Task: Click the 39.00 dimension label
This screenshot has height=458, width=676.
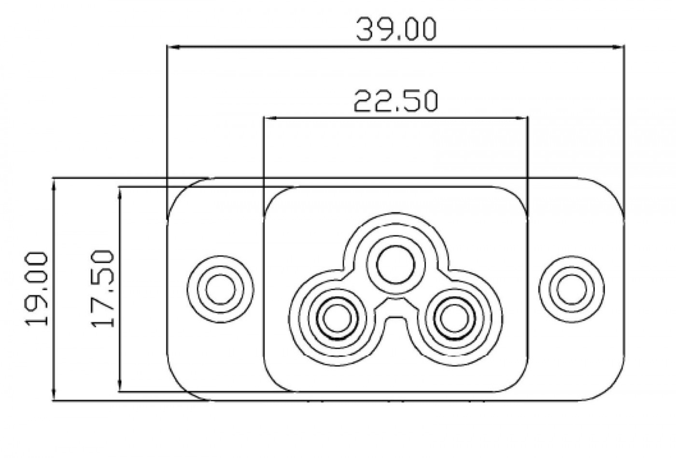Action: pyautogui.click(x=396, y=29)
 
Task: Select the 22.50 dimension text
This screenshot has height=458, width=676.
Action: pyautogui.click(x=395, y=101)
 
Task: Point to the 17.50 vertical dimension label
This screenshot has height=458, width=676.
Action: pyautogui.click(x=102, y=288)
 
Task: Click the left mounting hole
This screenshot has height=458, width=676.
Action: pyautogui.click(x=220, y=289)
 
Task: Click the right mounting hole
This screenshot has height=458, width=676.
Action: pyautogui.click(x=572, y=289)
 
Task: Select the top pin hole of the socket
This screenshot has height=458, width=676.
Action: pyautogui.click(x=395, y=265)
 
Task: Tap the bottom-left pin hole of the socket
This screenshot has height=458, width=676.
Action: pyautogui.click(x=337, y=318)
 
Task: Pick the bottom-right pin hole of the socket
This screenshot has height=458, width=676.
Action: pyautogui.click(x=454, y=318)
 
